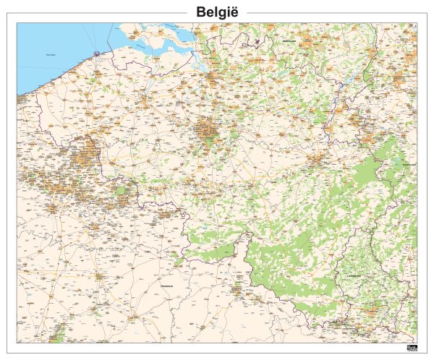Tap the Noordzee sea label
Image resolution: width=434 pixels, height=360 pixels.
tap(51, 55)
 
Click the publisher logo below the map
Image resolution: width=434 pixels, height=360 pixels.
tap(412, 349)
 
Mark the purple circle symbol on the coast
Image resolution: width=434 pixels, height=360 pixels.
tap(95, 52)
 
